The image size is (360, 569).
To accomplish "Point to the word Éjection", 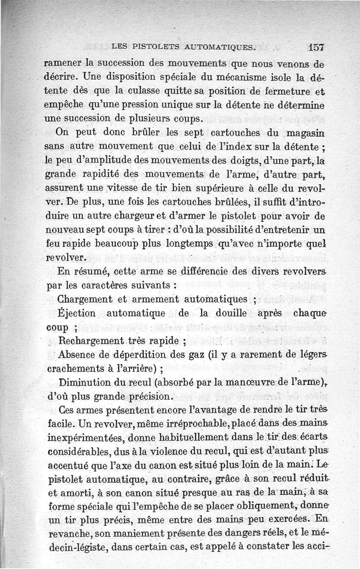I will (x=77, y=312).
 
